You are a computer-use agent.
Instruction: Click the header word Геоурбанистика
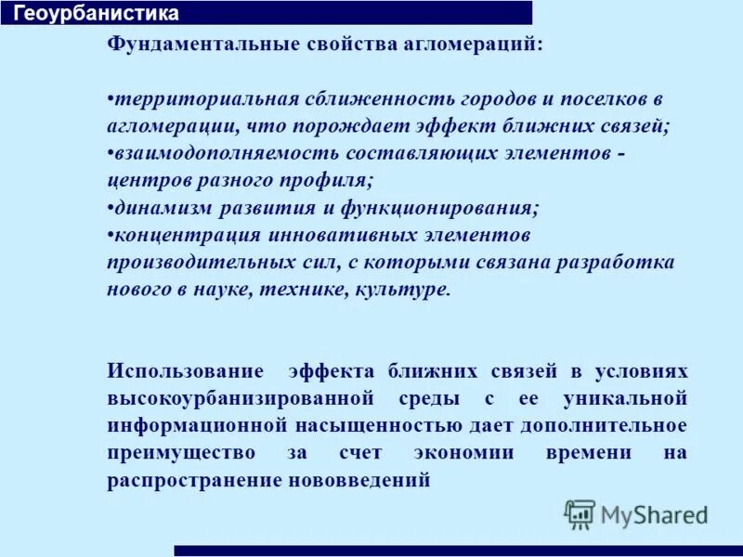(x=97, y=14)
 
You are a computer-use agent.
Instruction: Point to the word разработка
(x=616, y=263)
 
